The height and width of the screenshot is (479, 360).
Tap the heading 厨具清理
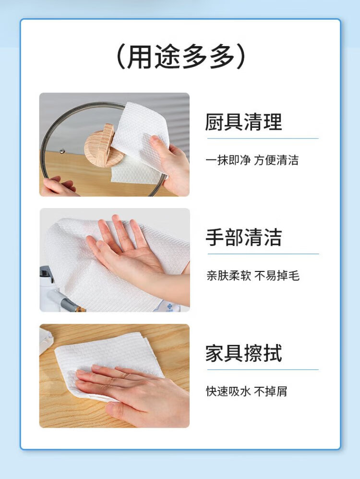[x=243, y=122]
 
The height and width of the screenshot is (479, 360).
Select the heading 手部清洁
[x=243, y=237]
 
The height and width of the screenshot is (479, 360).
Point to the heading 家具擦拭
[x=243, y=353]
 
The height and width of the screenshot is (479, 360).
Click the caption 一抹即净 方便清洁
[x=252, y=160]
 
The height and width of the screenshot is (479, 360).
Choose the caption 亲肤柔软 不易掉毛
[x=252, y=276]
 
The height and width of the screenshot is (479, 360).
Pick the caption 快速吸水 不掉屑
[x=247, y=391]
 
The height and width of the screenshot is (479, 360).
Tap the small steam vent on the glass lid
[x=62, y=150]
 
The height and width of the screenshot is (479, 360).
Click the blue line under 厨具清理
[x=263, y=138]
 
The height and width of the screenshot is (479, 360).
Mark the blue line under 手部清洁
[x=263, y=254]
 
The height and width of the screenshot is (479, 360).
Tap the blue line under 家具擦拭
[x=263, y=369]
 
